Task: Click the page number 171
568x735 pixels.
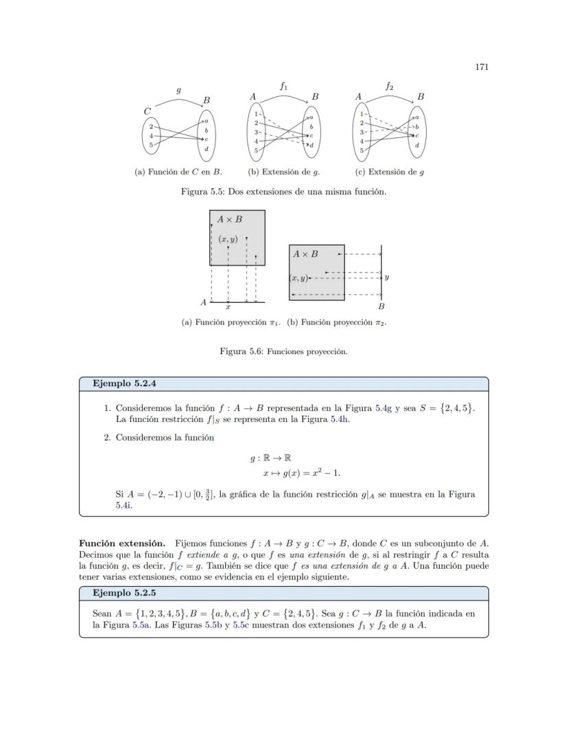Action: point(481,67)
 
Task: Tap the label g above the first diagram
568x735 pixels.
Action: point(178,90)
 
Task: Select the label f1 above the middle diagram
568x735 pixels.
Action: point(284,86)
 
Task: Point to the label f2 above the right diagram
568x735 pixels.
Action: point(389,86)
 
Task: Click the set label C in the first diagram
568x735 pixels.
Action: point(147,110)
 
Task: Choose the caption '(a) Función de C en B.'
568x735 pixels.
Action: point(178,172)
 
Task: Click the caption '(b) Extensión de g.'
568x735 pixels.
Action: point(284,172)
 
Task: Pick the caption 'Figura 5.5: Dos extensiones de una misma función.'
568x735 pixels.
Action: point(283,191)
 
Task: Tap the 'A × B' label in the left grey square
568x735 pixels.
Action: point(229,220)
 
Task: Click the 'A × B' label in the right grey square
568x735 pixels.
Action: point(305,254)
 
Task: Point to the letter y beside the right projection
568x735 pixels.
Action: point(387,278)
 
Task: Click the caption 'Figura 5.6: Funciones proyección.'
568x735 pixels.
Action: point(283,351)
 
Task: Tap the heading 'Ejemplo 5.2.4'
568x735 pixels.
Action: point(124,384)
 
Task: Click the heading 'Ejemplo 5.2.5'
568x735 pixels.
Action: point(124,593)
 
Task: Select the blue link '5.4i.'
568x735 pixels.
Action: point(124,505)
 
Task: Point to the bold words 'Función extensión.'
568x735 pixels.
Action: point(123,544)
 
